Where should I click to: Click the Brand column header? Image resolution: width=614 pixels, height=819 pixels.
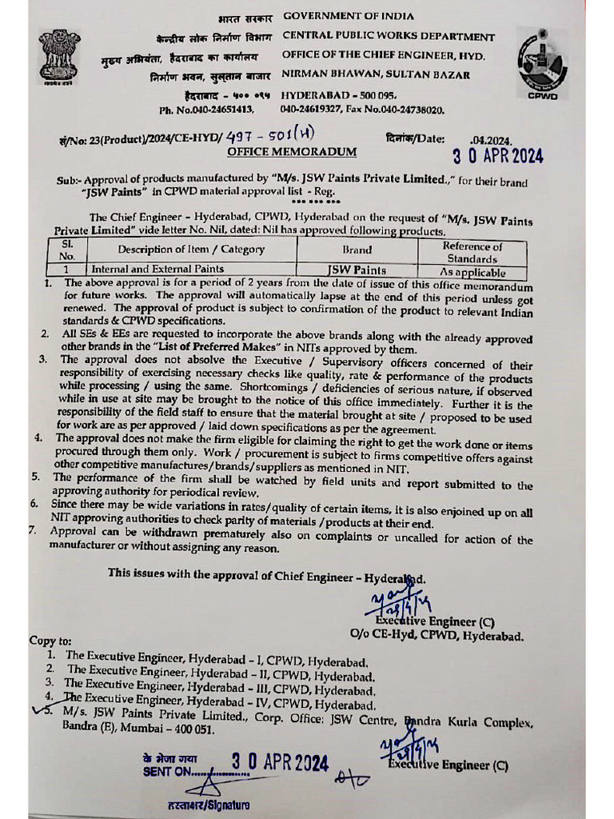coord(357,250)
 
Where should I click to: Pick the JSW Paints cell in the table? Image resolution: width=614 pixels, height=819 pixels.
coord(357,270)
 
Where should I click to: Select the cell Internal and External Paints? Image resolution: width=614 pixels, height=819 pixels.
coord(157,270)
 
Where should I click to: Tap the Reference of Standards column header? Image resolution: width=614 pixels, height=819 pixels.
coord(472,253)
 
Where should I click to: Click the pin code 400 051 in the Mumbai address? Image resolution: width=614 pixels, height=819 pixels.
coord(189,729)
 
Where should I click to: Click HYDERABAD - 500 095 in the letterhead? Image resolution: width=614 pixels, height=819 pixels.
coord(339,94)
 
